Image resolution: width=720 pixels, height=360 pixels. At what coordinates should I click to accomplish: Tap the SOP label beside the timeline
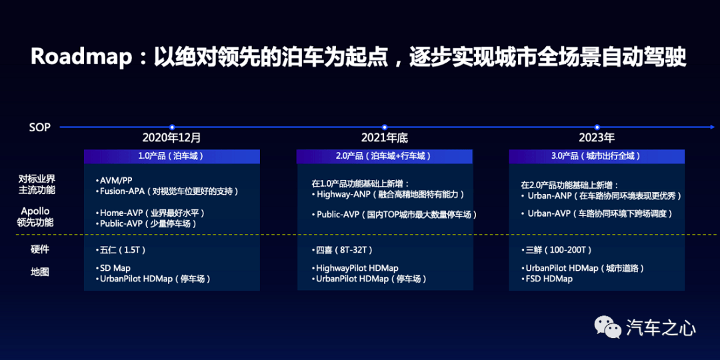[39, 127]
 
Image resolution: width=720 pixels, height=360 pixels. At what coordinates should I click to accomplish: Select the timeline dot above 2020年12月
[172, 127]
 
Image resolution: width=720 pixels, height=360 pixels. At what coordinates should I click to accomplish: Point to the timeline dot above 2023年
[597, 127]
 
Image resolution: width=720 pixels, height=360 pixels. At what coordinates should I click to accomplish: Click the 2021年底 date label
[385, 138]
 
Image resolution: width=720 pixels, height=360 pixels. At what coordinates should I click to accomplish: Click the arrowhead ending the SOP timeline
[712, 127]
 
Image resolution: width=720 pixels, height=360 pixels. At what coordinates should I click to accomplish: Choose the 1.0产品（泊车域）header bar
[172, 156]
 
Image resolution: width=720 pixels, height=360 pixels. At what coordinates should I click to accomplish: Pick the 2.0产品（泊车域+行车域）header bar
[385, 156]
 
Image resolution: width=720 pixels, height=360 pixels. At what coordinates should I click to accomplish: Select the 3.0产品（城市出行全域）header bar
[597, 156]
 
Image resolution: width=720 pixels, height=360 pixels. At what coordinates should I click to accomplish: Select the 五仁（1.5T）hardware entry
[120, 250]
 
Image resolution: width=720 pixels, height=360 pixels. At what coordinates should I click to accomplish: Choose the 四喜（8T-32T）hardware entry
[341, 250]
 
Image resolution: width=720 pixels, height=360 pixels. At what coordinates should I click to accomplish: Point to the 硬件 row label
[39, 250]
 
